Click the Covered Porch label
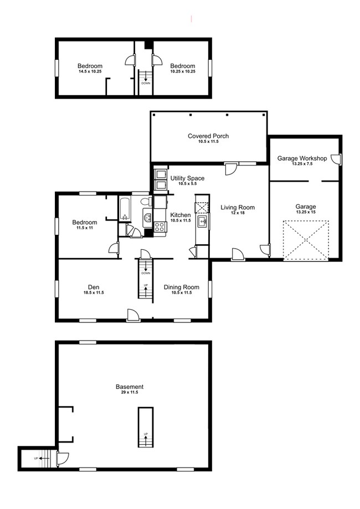tap(208, 136)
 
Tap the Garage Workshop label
tap(302, 158)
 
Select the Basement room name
tap(130, 387)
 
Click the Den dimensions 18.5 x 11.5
tap(94, 292)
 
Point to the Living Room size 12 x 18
tap(237, 213)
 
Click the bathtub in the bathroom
tap(125, 209)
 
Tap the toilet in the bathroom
tap(145, 202)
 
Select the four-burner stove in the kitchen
tap(160, 226)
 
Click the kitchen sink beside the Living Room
tap(202, 223)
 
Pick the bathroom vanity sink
tap(147, 218)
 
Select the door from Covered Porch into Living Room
tap(230, 168)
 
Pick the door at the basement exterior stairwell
tap(62, 457)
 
